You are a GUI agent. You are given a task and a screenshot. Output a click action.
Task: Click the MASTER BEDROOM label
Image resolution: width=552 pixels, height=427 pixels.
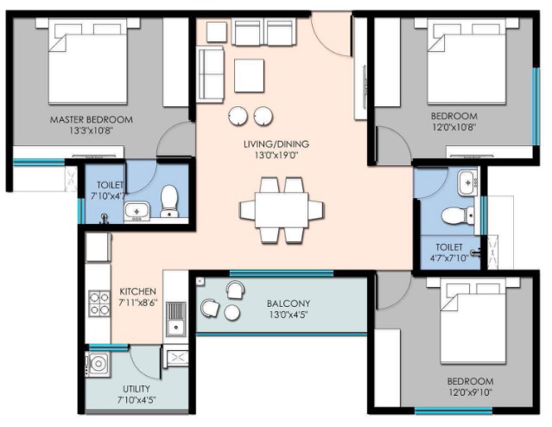pos(92,120)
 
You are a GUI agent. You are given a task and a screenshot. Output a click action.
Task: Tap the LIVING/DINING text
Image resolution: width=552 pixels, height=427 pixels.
pos(276,143)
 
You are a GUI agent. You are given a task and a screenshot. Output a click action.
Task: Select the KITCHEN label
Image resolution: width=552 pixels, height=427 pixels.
pos(137,291)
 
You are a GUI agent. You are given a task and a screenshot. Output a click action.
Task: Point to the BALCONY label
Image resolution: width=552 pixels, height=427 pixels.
pos(289,303)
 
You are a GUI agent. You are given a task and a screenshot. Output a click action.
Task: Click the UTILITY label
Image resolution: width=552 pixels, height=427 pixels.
pos(136,389)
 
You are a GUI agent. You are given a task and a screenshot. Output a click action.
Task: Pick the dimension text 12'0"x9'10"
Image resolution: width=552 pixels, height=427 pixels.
pos(470,392)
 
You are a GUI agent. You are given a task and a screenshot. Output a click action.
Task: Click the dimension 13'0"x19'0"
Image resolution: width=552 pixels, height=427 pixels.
pos(276,156)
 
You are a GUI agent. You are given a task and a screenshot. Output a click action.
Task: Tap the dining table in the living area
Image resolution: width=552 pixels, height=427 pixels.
pos(282,210)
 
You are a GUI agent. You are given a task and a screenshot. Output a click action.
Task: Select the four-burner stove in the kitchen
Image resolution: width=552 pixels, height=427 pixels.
pos(99,303)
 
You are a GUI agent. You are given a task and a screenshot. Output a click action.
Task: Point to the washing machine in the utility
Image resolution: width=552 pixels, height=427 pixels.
pos(98,364)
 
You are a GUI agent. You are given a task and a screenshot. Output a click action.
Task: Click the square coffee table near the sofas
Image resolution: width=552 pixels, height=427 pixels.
pos(250,75)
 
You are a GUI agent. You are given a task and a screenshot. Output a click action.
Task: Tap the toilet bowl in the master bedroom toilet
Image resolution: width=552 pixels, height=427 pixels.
pos(169,201)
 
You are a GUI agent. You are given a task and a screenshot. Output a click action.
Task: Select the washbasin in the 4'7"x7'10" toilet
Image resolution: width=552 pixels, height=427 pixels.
pos(467,182)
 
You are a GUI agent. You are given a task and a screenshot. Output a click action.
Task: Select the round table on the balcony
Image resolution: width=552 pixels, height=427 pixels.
pos(232,313)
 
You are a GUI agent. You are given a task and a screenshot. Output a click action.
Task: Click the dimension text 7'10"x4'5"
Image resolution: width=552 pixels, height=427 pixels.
pos(136,400)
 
